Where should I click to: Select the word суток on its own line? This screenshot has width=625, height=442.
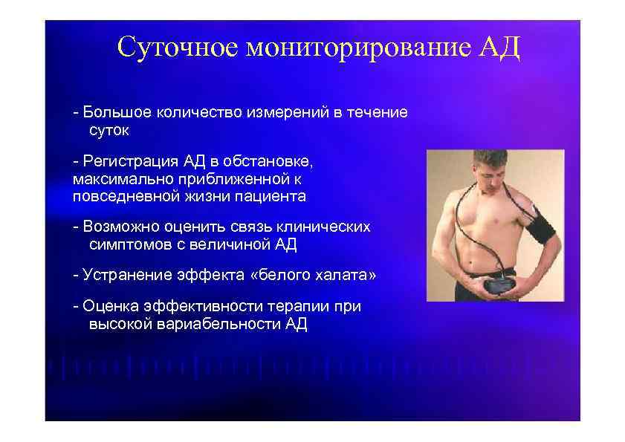tap(109, 131)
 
